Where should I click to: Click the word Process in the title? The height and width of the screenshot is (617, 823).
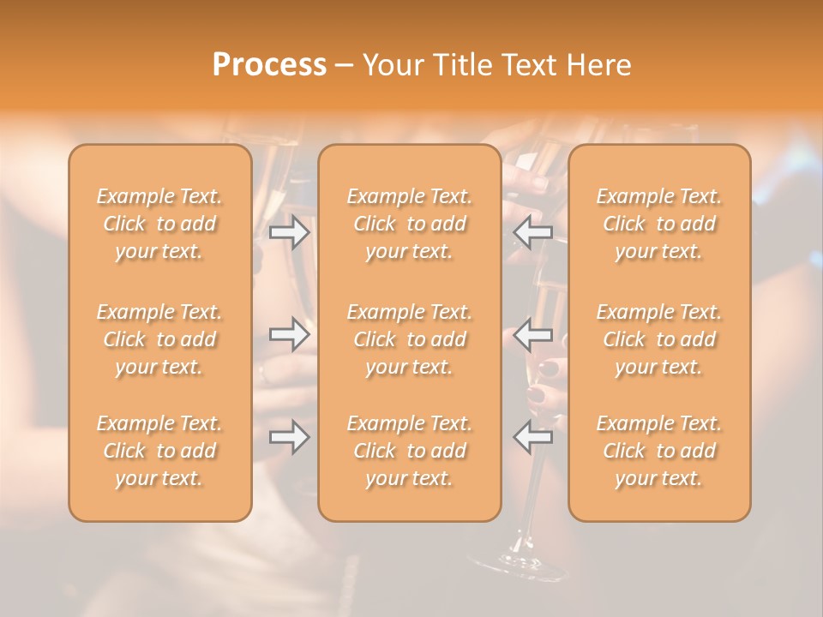coord(269,65)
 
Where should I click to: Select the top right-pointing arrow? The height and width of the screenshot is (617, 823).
coord(290,232)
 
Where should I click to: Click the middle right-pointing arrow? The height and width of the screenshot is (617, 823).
coord(290,334)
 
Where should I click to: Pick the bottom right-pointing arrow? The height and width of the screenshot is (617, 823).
coord(290,437)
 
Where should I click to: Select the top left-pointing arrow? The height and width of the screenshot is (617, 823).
coord(532,232)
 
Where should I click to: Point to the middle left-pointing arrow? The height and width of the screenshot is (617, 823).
coord(532,334)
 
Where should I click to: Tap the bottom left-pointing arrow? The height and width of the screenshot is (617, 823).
coord(532,437)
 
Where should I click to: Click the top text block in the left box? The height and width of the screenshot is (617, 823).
coord(159,224)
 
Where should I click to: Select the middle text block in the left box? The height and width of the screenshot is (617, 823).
coord(159,339)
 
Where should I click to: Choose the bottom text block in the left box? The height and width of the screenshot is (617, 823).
coord(159,451)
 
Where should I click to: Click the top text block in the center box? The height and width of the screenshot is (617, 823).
coord(409,224)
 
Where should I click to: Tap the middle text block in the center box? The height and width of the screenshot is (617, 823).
coord(409,339)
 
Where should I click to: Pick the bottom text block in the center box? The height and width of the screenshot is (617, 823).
coord(409,451)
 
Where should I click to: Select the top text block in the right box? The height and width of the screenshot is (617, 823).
coord(659,224)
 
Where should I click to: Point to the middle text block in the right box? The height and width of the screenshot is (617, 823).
coord(659,339)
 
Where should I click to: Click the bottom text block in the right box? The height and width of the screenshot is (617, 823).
coord(659,451)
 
